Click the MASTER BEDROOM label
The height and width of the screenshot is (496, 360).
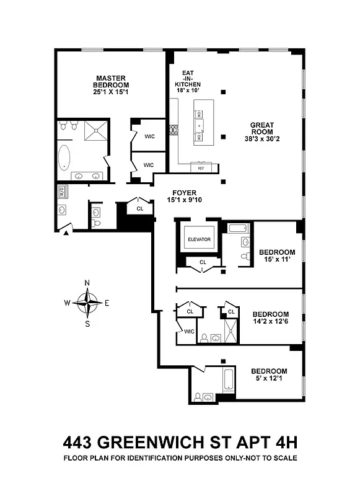click(x=111, y=81)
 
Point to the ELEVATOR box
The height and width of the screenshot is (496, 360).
click(x=199, y=239)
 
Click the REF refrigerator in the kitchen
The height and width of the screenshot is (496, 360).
click(x=201, y=167)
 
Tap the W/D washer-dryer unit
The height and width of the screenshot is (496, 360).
click(x=62, y=192)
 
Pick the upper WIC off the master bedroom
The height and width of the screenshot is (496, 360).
click(x=149, y=136)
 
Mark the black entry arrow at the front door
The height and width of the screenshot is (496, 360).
click(x=66, y=234)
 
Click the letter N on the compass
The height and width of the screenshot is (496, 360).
click(x=87, y=283)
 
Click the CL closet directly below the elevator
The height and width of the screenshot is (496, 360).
click(x=203, y=262)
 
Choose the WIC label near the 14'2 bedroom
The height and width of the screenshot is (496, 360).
click(x=189, y=331)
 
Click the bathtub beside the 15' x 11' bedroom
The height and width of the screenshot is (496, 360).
click(x=237, y=229)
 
